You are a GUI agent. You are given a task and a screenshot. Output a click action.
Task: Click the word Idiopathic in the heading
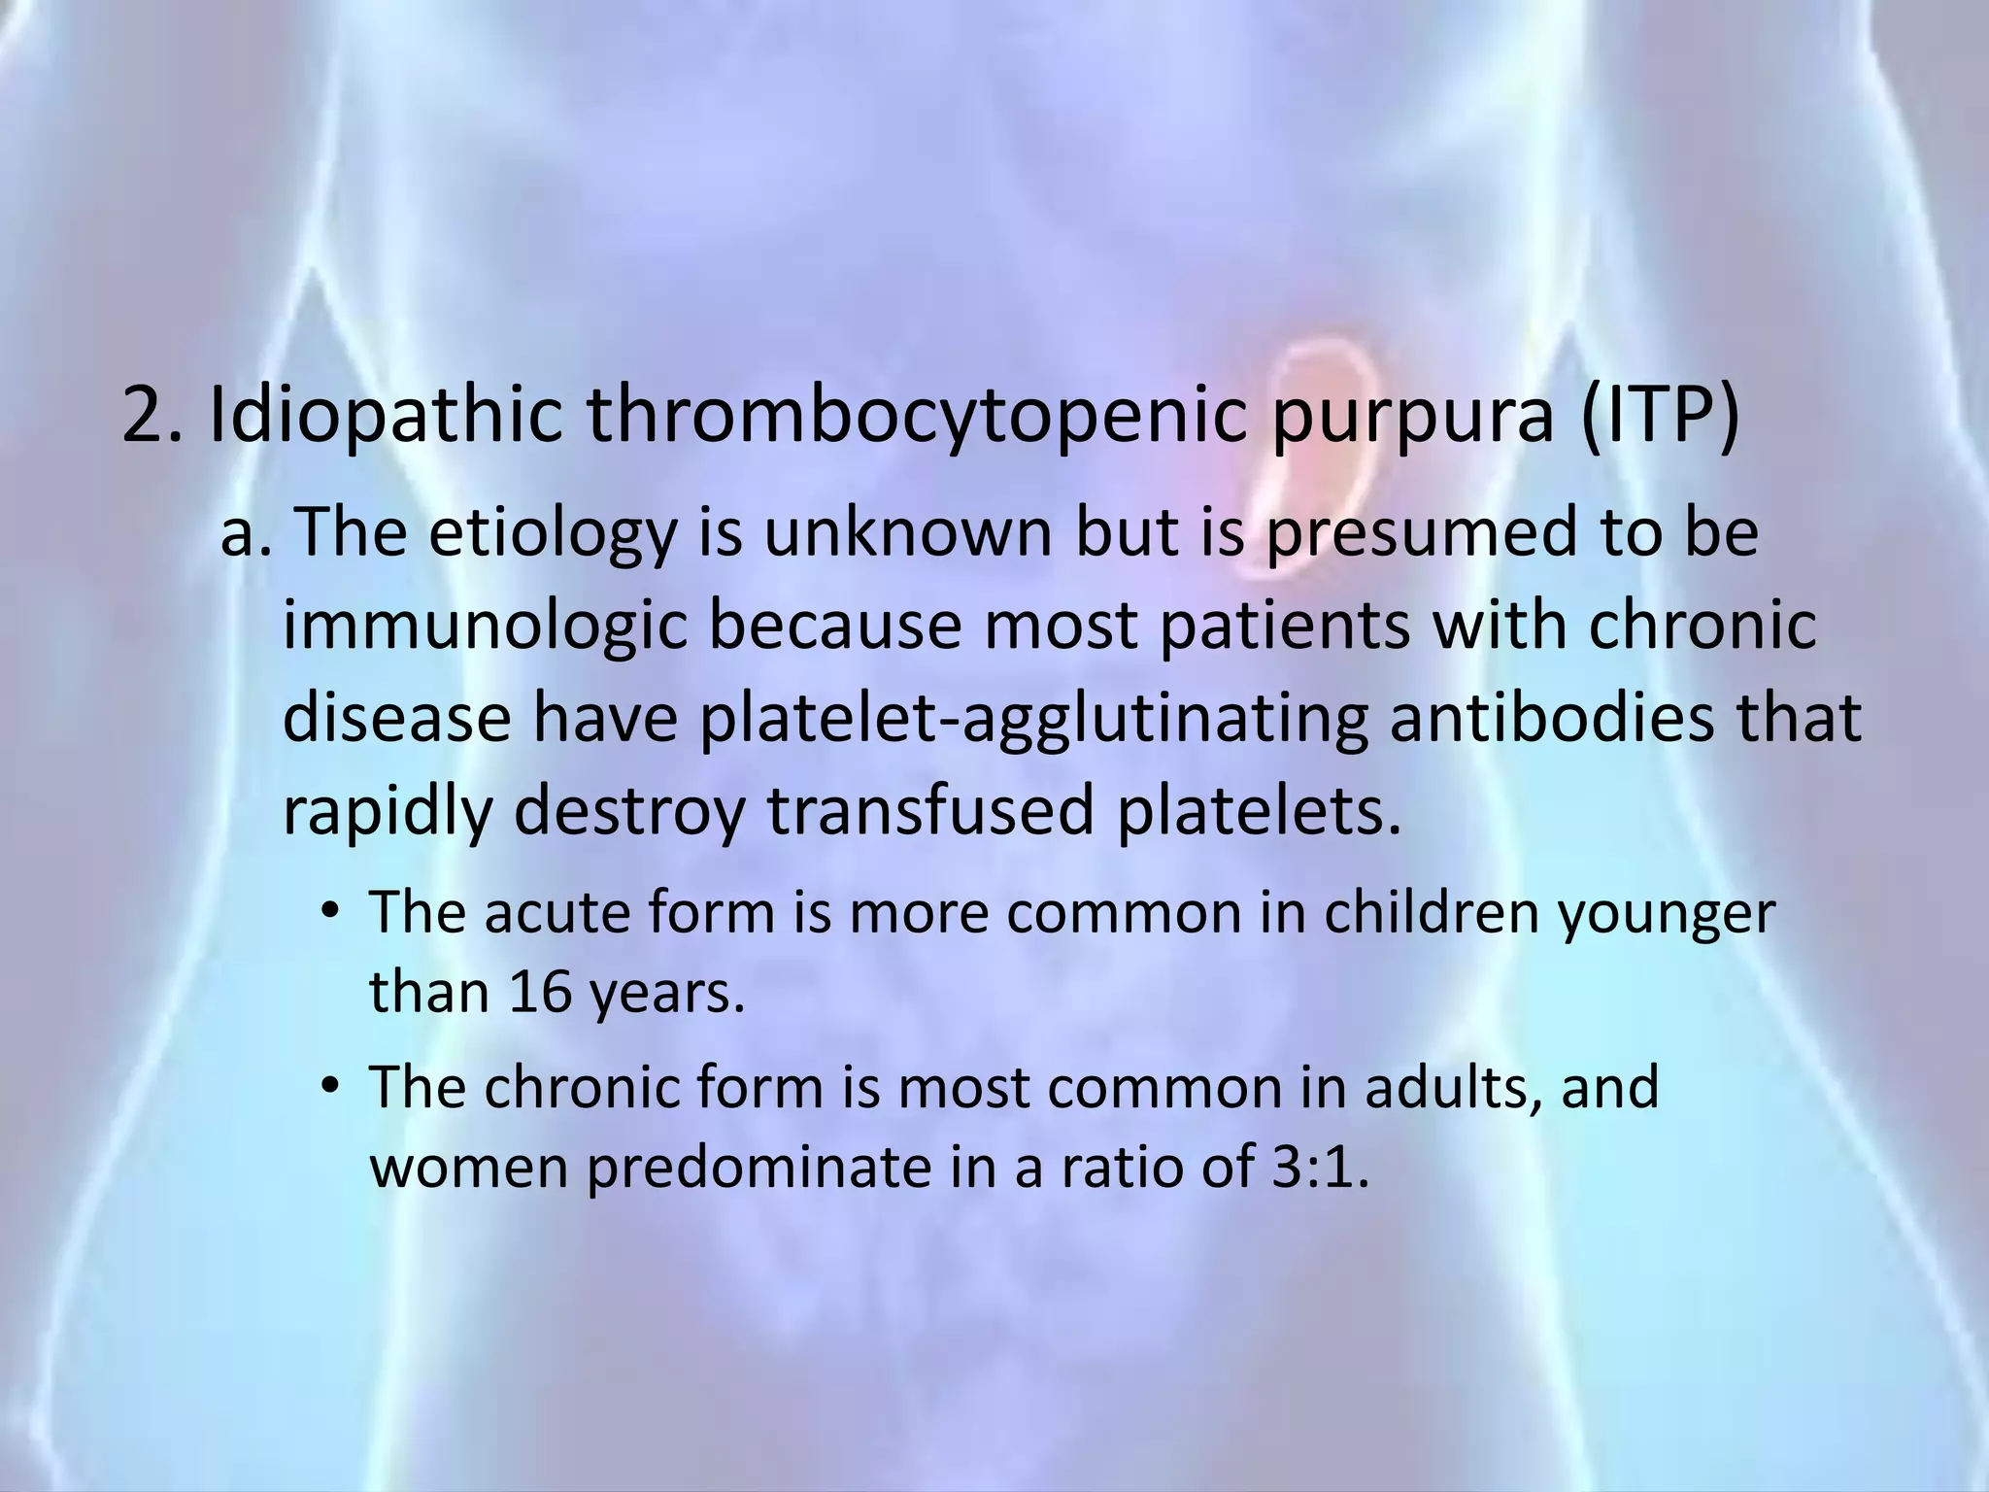click(x=385, y=416)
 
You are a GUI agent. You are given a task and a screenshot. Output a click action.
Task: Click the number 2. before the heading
click(x=152, y=416)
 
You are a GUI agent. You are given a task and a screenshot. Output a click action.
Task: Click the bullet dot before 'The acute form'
click(x=331, y=913)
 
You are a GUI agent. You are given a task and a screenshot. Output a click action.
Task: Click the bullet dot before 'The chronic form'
click(x=331, y=1087)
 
